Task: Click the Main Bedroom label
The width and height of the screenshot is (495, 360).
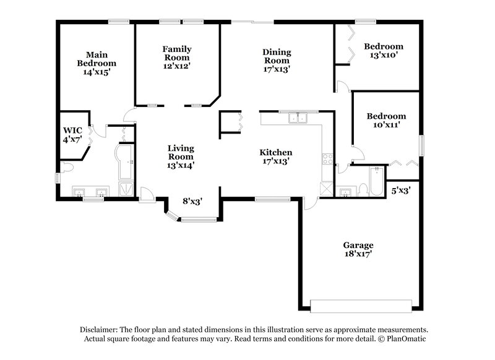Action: tap(97, 59)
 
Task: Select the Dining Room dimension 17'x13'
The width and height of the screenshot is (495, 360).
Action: tap(277, 69)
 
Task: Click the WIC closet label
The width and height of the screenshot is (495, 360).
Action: tap(72, 131)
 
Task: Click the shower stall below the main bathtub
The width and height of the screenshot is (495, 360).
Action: tap(126, 188)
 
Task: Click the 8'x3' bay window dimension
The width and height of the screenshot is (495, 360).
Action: tap(192, 201)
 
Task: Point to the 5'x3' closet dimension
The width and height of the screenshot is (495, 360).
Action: tap(402, 192)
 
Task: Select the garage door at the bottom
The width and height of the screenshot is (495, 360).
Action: tap(360, 307)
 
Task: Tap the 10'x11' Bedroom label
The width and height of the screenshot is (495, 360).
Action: tap(386, 120)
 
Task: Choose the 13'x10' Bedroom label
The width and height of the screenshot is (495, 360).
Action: tap(383, 50)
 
